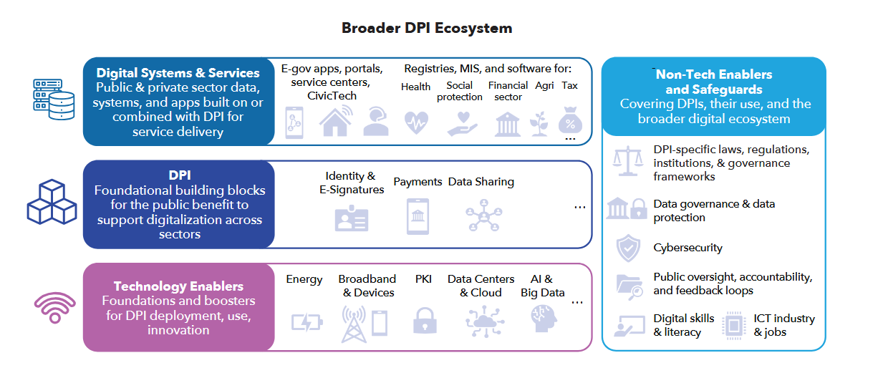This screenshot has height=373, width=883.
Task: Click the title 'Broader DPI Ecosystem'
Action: pos(427,29)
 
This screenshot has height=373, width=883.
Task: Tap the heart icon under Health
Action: pos(415,122)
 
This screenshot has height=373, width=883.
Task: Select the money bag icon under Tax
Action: pos(570,120)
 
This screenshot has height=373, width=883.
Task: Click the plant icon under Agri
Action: pos(539,122)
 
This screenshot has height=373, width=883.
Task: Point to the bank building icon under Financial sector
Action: pos(508,123)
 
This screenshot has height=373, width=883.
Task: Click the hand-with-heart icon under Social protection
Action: pos(459,122)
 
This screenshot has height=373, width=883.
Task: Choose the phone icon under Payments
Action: pos(418,216)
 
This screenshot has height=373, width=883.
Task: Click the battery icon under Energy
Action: pos(307,322)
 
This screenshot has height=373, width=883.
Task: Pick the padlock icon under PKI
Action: pos(425,321)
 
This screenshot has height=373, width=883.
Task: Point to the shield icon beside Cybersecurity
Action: pos(627,248)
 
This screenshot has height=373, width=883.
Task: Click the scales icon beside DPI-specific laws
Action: pos(627,161)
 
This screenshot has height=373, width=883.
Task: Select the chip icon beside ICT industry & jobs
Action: pos(734,324)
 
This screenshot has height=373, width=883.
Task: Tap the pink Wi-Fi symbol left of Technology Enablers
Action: pos(55,308)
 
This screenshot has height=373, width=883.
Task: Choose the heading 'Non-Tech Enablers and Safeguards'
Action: pos(713,82)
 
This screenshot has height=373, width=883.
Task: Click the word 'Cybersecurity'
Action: pos(687,248)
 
